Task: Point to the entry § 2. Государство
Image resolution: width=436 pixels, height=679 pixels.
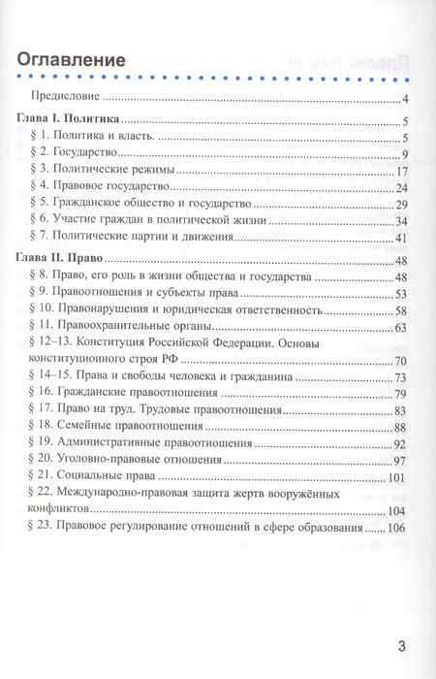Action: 89,154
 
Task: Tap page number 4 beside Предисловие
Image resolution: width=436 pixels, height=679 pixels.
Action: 409,98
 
